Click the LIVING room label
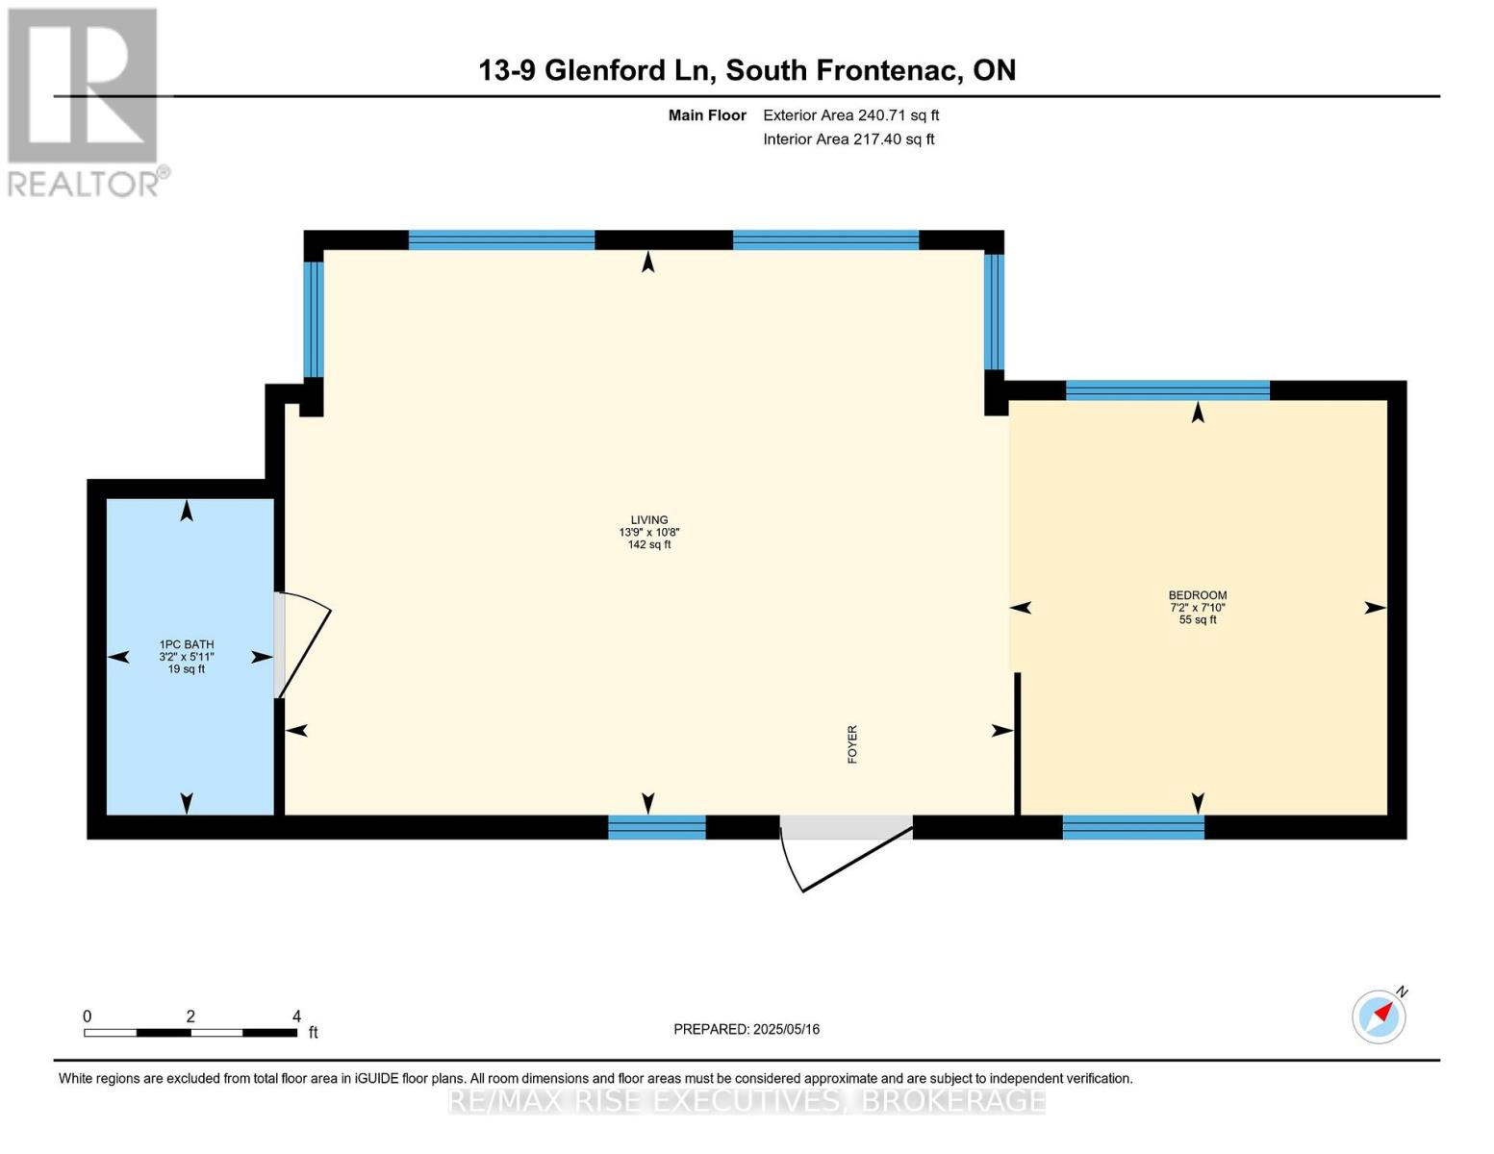(649, 519)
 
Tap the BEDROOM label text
(1197, 595)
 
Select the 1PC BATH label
(187, 644)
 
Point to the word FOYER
(852, 743)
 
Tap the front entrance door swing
(846, 858)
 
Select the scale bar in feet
(190, 1032)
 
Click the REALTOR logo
(86, 102)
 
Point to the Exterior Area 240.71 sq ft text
(850, 115)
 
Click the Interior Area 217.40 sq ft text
(848, 139)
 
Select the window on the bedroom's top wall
(1167, 389)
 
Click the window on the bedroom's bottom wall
(1133, 828)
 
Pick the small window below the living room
(657, 828)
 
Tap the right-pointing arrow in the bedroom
(1375, 608)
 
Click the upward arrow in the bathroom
(187, 511)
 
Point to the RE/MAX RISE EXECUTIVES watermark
(747, 1100)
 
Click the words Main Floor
(707, 115)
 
